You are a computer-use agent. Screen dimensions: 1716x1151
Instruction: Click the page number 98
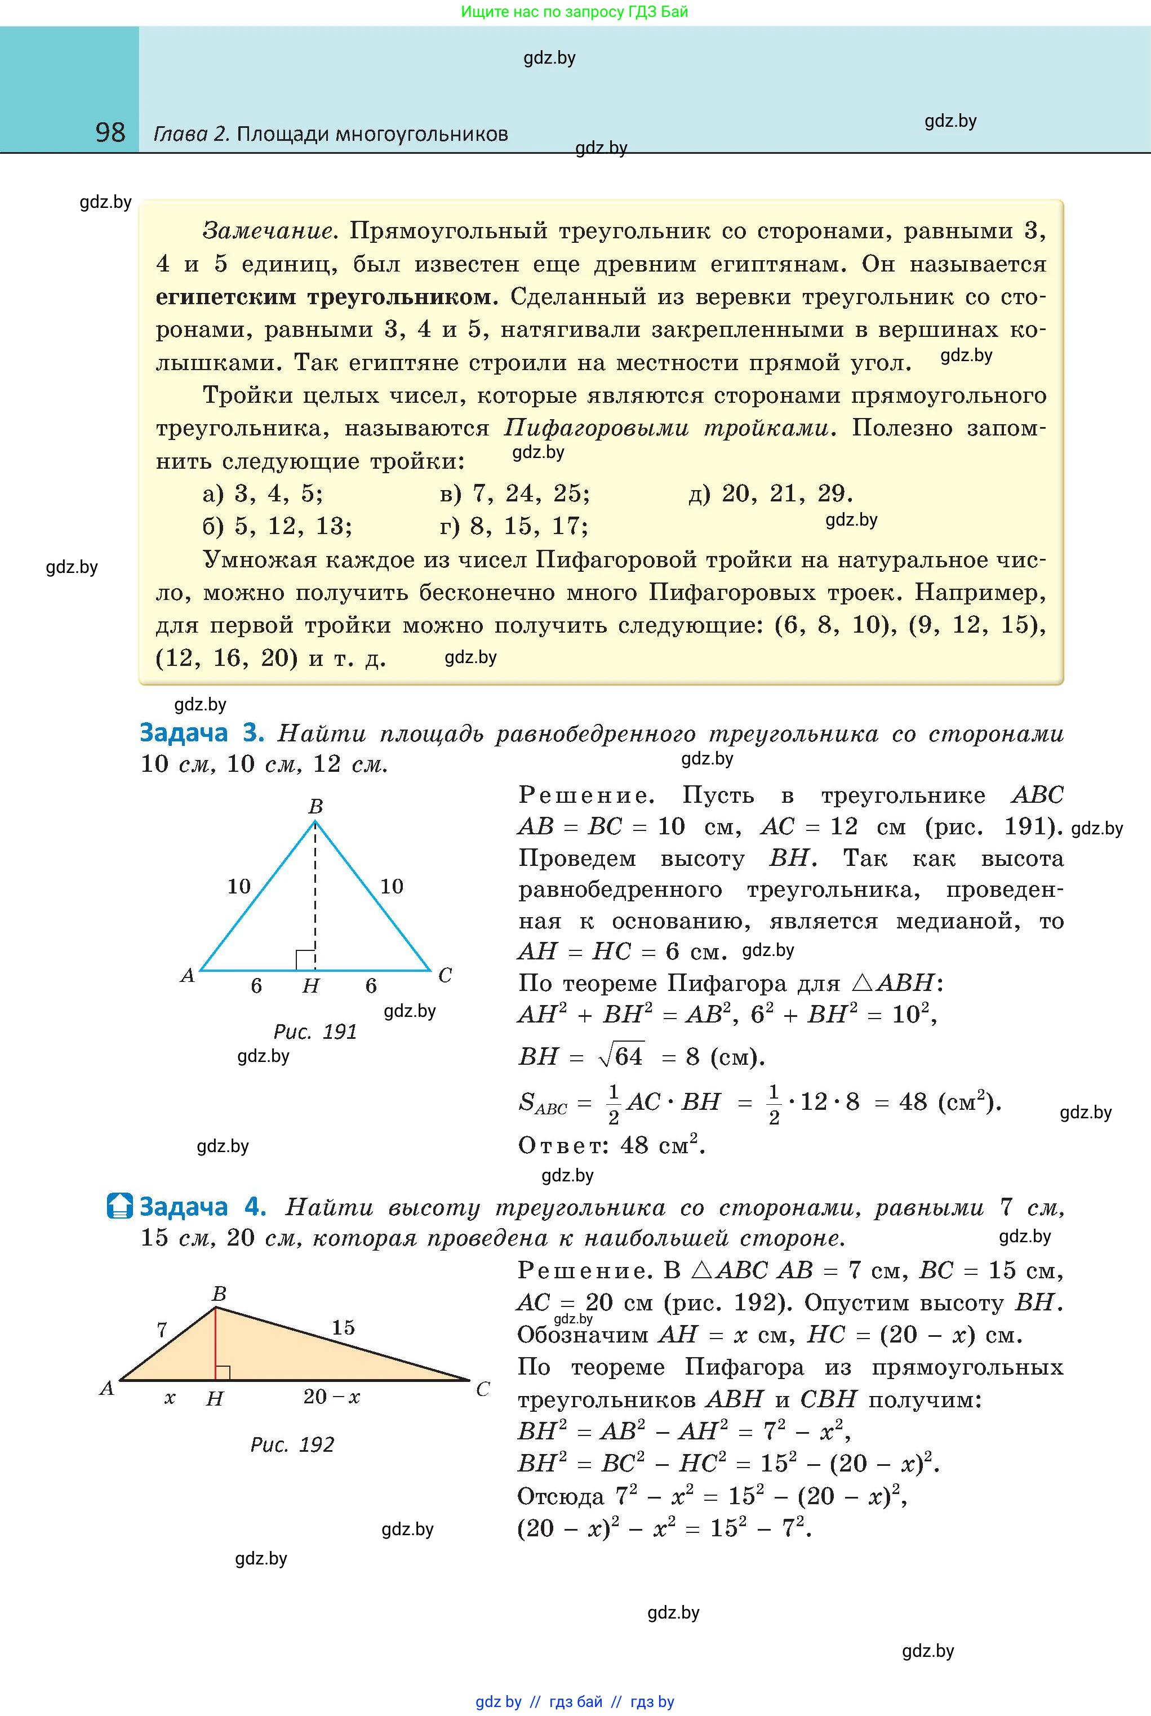click(110, 133)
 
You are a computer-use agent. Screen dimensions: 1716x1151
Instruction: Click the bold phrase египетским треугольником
click(323, 297)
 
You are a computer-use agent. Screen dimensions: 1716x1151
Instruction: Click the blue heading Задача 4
click(203, 1207)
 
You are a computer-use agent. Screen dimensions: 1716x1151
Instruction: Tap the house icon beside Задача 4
click(119, 1206)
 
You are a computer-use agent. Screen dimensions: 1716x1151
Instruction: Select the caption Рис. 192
click(292, 1444)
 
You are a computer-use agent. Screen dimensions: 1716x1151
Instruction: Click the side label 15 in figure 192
click(343, 1327)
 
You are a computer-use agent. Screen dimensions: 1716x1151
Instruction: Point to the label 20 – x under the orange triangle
click(332, 1396)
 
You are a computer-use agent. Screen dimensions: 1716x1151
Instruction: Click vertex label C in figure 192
click(482, 1389)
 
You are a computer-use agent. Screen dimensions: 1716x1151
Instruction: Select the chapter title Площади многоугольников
click(372, 134)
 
